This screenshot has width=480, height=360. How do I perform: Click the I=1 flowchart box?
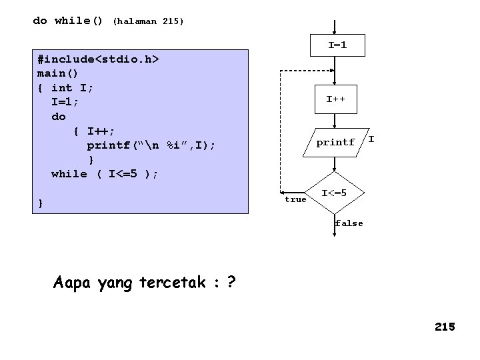(x=336, y=46)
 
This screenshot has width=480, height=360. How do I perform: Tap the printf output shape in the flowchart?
(x=335, y=143)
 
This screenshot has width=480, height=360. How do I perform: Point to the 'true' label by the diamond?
(x=295, y=199)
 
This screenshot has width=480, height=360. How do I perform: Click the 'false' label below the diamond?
(x=349, y=223)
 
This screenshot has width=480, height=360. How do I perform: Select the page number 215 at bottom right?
(x=444, y=327)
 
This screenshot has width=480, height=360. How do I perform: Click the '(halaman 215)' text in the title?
(x=148, y=21)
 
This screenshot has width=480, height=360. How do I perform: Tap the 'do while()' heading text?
(x=68, y=21)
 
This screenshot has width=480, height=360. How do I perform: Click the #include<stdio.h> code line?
(x=98, y=59)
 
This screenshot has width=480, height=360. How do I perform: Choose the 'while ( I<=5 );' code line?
(x=105, y=174)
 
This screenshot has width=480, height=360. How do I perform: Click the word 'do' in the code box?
(x=59, y=116)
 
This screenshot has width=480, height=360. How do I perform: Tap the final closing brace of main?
(x=41, y=203)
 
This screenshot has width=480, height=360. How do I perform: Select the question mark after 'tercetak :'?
(x=231, y=283)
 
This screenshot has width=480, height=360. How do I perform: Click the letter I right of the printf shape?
(x=371, y=139)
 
